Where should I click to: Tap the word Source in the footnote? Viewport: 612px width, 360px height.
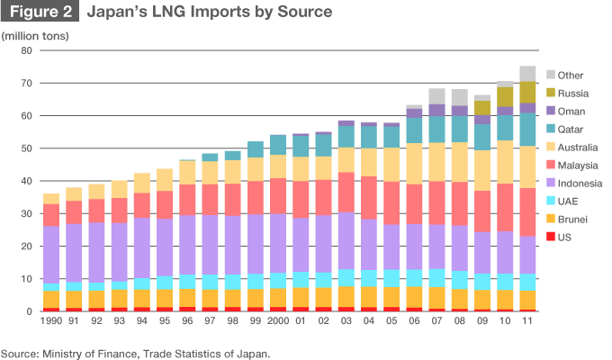tap(22, 352)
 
